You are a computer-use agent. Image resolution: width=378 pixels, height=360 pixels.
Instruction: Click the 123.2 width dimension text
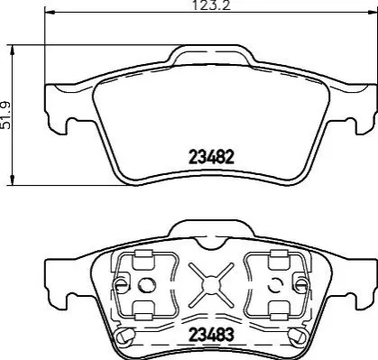click(x=211, y=5)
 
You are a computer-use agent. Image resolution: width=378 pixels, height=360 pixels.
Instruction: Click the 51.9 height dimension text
click(x=5, y=115)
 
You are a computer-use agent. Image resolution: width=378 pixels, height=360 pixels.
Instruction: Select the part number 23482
click(x=211, y=157)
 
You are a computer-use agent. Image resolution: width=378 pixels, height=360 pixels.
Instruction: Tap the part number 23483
click(x=211, y=334)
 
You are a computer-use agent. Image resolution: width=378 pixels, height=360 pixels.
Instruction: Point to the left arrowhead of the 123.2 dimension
click(x=50, y=13)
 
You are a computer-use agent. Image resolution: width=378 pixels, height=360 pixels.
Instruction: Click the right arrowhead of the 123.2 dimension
click(x=371, y=13)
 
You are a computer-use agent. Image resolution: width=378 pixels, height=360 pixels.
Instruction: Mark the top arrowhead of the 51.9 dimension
click(x=13, y=51)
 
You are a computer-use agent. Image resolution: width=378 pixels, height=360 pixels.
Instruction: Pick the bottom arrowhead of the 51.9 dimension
click(x=13, y=180)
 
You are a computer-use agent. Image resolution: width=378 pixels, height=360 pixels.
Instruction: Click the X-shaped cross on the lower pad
click(x=211, y=284)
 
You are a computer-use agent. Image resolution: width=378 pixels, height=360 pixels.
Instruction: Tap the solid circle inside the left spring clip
click(x=146, y=284)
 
